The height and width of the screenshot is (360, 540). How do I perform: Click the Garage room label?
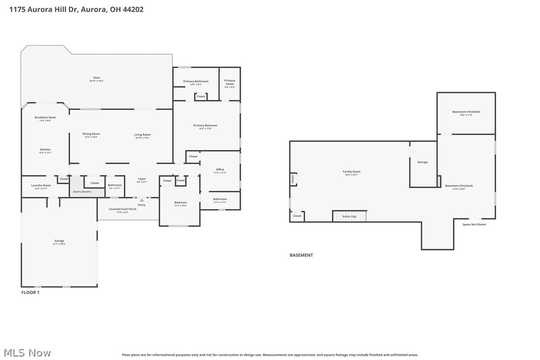coord(59,241)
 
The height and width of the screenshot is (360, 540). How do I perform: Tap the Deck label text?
coord(96,78)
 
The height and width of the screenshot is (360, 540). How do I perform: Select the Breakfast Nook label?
coord(45,118)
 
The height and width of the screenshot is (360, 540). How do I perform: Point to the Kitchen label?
coord(45,150)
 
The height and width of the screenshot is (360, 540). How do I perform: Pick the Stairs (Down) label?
coord(82,191)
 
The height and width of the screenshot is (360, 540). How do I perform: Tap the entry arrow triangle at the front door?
coord(142,200)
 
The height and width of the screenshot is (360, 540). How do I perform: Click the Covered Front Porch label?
coord(122,209)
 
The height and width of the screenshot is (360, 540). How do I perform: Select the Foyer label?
coord(142,179)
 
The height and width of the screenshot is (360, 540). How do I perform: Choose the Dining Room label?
coord(91,134)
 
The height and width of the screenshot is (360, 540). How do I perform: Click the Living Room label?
coord(142,135)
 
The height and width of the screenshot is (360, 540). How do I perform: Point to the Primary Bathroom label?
coord(195,82)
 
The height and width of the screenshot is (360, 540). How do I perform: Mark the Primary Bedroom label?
coord(205,126)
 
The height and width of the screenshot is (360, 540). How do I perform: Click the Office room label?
coord(220,170)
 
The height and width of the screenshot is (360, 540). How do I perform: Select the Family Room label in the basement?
coord(352,172)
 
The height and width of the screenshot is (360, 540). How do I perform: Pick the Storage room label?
coord(422,162)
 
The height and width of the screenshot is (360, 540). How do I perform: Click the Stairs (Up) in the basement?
coord(349,216)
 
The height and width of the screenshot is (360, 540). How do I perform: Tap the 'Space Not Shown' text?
coord(474,224)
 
